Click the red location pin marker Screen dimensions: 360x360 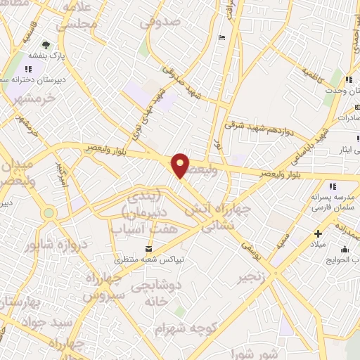point(181,165)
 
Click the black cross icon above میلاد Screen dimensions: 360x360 point(318,233)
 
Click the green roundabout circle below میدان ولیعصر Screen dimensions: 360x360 point(49,212)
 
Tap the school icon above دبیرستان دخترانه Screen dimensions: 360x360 point(29,69)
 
